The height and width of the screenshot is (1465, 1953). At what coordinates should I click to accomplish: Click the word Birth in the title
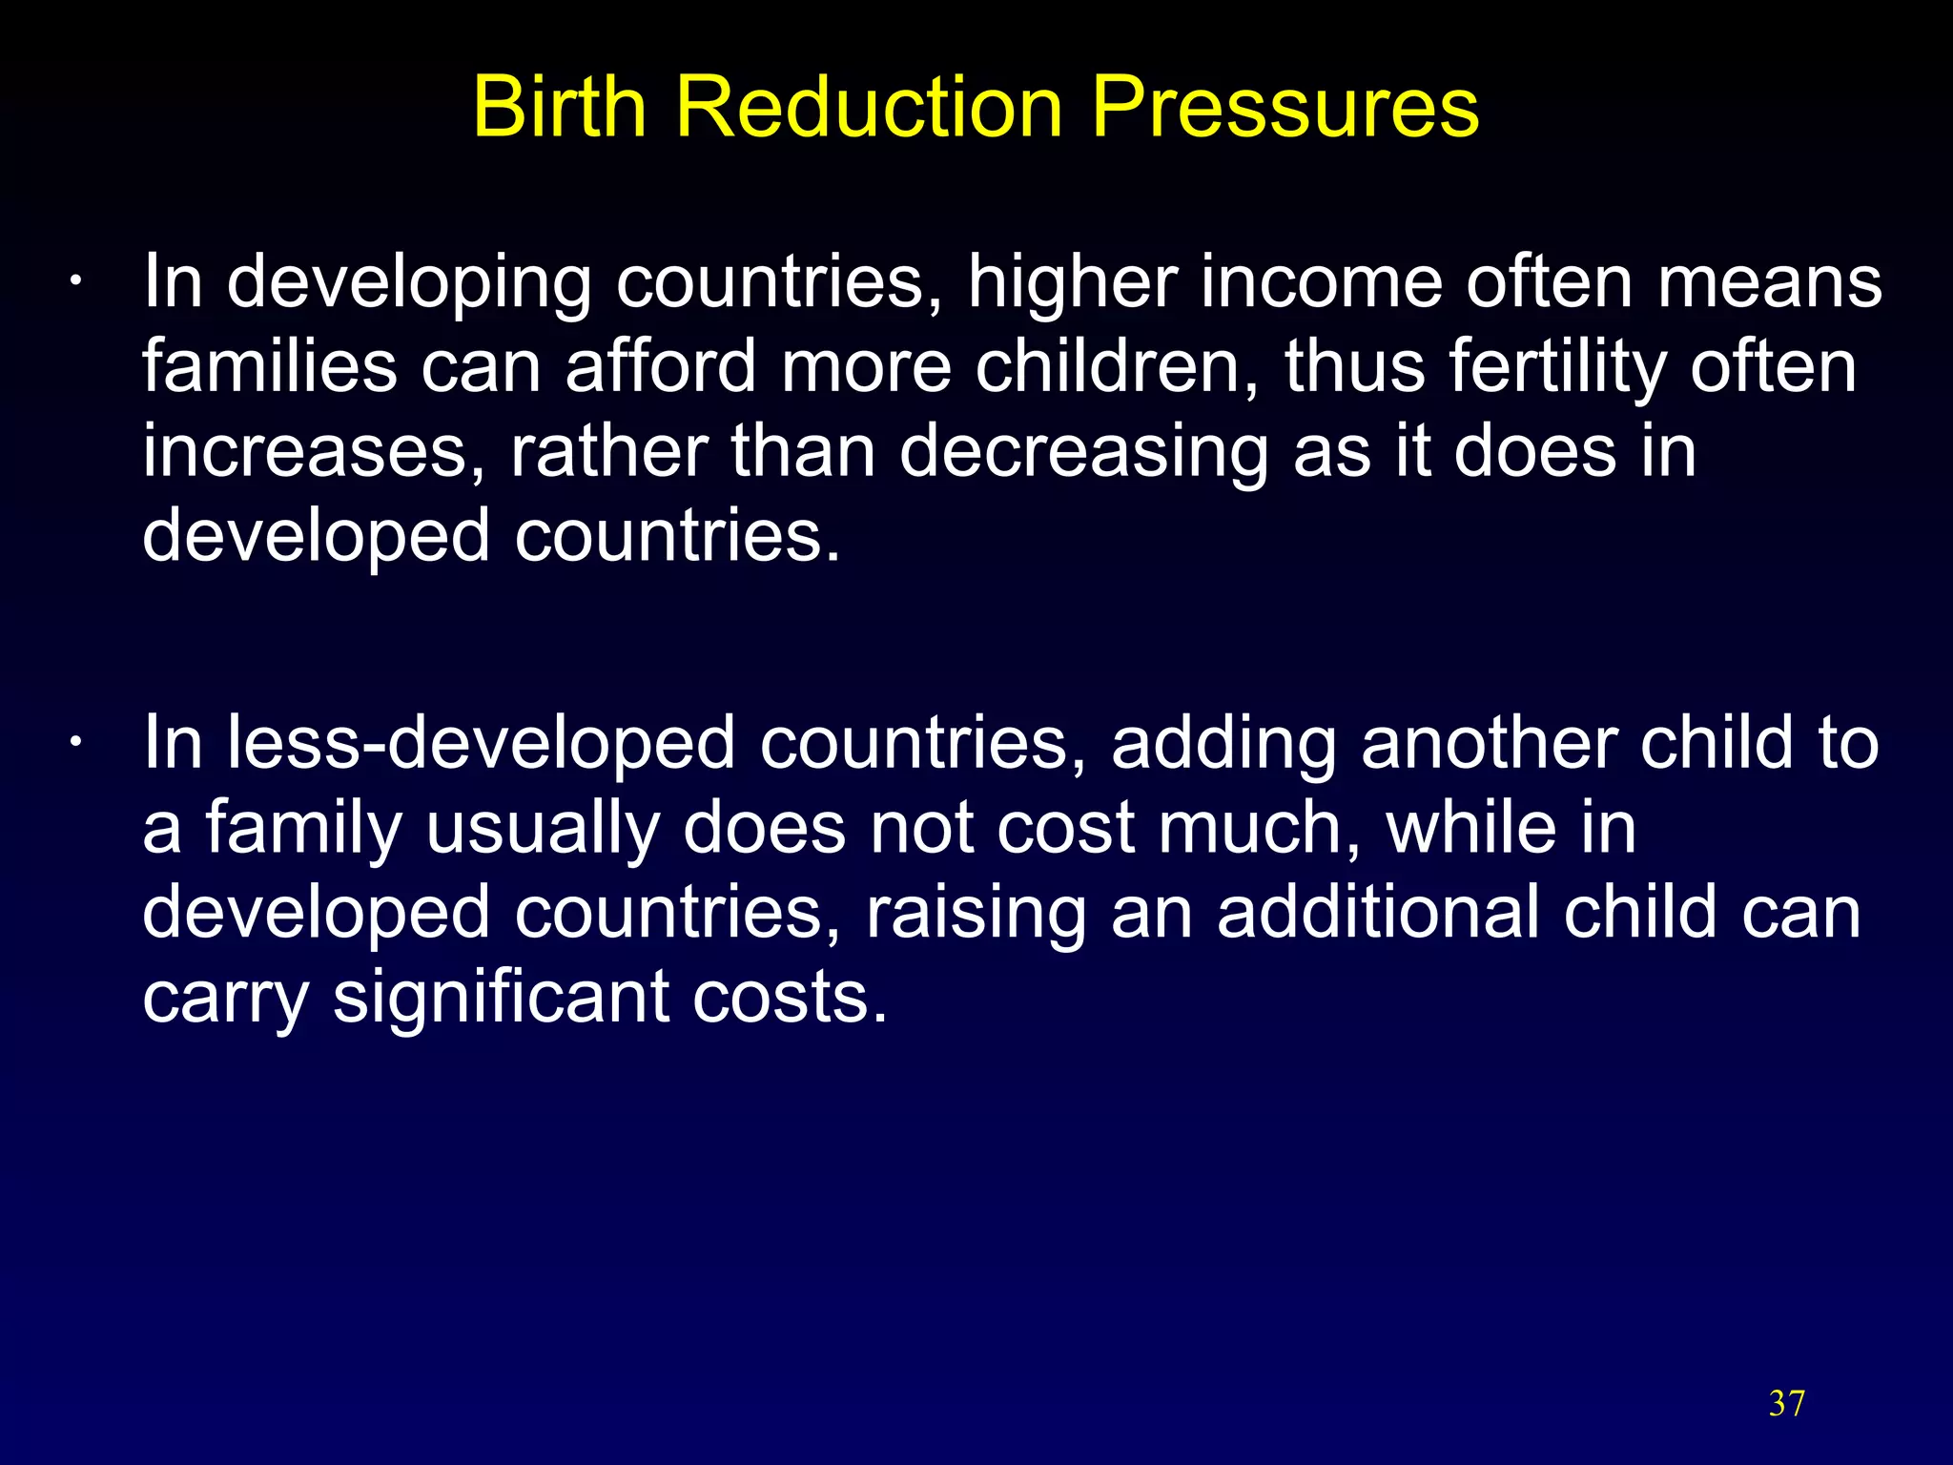(560, 107)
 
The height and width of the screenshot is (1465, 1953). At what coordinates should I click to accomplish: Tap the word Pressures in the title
(1285, 107)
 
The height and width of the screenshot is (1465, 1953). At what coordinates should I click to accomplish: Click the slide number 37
(1787, 1403)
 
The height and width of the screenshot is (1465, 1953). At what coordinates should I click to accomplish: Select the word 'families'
(269, 367)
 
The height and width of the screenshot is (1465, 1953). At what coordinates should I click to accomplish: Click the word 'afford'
(661, 367)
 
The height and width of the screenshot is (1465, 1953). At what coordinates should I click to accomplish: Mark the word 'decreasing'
(1083, 451)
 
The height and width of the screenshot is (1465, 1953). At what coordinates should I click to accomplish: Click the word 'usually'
(542, 828)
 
